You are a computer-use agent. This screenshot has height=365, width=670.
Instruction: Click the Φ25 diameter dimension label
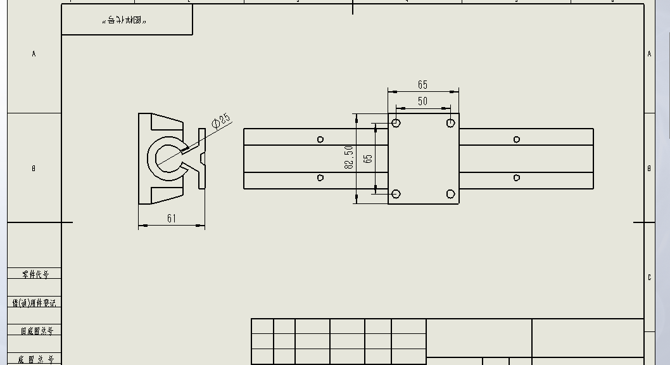coord(222,120)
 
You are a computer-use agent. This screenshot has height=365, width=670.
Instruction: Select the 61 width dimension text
coord(172,219)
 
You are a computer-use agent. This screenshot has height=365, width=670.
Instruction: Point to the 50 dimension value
coord(422,101)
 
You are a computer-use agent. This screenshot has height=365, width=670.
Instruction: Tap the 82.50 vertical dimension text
coord(348,157)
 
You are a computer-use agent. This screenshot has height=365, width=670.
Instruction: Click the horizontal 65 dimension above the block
coord(422,84)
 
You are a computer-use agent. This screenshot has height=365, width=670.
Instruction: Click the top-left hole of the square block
coord(396,122)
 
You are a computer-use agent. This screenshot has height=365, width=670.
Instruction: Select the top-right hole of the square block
coord(450,122)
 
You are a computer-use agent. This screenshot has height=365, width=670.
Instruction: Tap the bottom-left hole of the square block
coord(396,194)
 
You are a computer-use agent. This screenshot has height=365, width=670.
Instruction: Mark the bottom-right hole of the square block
coord(450,194)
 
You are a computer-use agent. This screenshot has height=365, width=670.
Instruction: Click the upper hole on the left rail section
coord(320,139)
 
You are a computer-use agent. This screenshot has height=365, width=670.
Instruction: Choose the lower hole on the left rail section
coord(320,178)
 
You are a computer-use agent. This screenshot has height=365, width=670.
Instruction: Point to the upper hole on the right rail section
coord(517,139)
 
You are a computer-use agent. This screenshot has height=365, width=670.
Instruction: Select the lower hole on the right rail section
coord(517,178)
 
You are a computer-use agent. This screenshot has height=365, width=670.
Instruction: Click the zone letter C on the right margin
coord(649,278)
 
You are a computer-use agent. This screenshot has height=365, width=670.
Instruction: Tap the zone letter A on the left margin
coord(34,54)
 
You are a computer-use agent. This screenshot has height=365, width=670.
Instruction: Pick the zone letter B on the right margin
coord(649,169)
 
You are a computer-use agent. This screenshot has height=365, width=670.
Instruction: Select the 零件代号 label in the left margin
coord(35,274)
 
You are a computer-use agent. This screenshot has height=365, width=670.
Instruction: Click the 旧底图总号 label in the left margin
coord(37,331)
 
